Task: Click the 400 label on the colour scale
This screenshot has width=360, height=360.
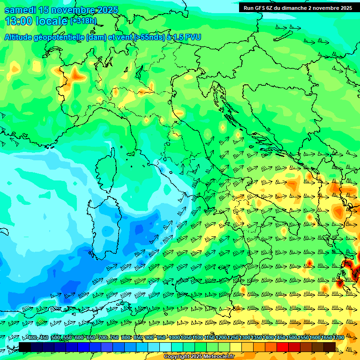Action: click(32, 337)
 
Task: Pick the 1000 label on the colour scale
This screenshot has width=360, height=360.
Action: click(174, 337)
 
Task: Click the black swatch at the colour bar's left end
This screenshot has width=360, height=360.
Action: click(25, 346)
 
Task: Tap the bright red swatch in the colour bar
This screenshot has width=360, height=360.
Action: click(283, 346)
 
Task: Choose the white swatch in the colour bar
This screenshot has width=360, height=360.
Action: click(165, 346)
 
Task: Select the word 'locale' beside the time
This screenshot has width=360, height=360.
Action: click(52, 21)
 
